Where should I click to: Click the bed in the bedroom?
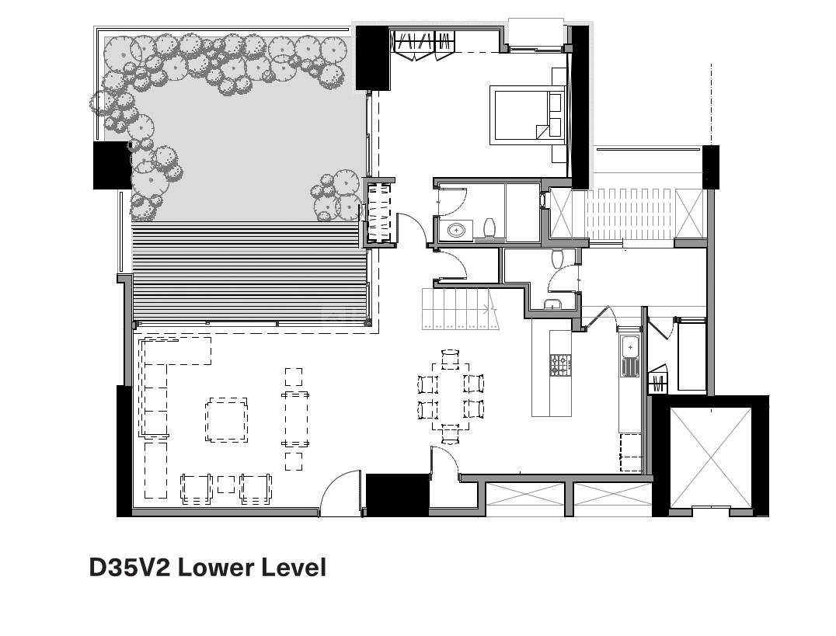(x=528, y=115)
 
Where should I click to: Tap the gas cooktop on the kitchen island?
(x=560, y=366)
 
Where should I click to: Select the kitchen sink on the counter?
(x=630, y=356)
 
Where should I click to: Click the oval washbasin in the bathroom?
(x=456, y=231)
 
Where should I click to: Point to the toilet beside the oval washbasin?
(x=489, y=228)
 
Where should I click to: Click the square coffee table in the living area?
(x=227, y=419)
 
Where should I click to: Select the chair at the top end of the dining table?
(x=451, y=359)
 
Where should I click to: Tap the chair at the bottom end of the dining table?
(x=451, y=433)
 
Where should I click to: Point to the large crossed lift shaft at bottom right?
(x=711, y=457)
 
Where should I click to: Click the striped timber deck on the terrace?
(x=249, y=271)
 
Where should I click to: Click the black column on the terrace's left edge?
(x=112, y=165)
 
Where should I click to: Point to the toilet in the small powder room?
(x=558, y=258)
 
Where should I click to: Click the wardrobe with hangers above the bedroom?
(x=424, y=45)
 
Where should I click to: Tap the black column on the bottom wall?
(x=397, y=495)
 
